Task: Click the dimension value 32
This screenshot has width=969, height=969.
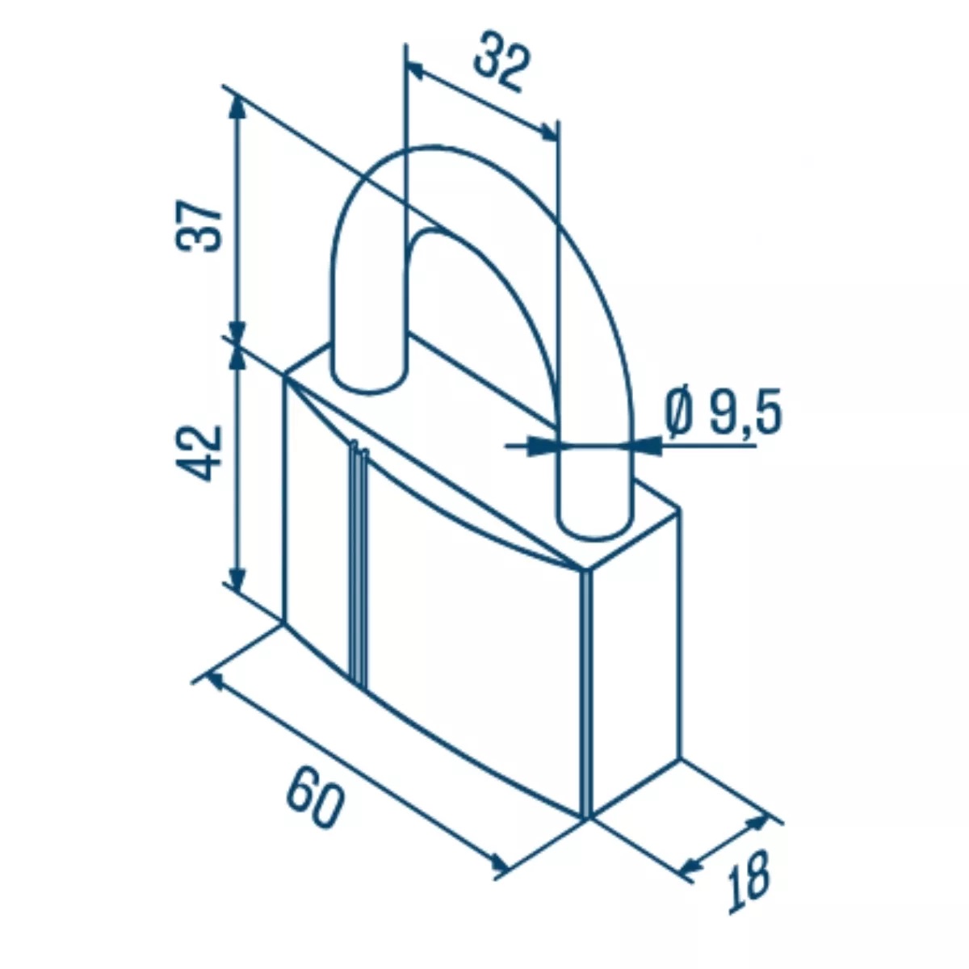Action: [x=501, y=61]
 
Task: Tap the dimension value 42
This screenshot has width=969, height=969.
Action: [x=198, y=453]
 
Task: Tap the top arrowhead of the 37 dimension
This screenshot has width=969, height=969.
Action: [x=237, y=108]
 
